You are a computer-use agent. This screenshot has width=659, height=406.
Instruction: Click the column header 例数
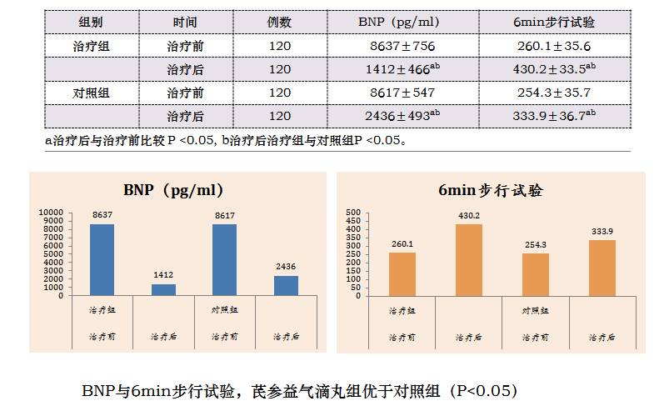(x=280, y=22)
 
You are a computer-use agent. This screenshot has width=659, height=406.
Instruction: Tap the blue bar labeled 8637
(x=102, y=259)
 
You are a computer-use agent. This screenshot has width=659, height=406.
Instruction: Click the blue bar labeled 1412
(x=163, y=289)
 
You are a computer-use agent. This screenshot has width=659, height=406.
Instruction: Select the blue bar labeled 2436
(x=286, y=285)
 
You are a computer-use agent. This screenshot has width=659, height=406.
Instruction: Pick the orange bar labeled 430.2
(x=469, y=259)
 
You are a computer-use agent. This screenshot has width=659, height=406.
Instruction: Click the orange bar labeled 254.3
(x=536, y=274)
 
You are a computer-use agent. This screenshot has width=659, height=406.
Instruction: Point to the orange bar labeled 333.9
(x=602, y=268)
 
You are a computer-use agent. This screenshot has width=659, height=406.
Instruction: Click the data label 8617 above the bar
(x=225, y=216)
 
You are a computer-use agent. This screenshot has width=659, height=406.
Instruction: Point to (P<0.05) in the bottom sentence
(x=482, y=389)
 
